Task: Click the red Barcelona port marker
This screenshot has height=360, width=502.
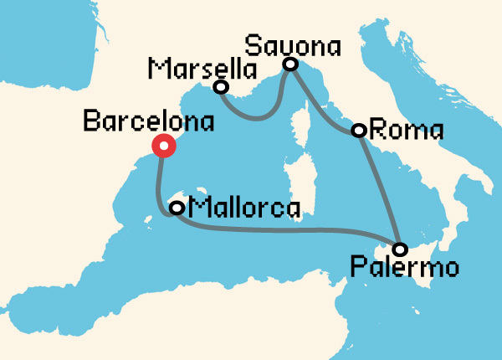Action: click(164, 147)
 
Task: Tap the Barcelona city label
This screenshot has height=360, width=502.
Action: click(149, 121)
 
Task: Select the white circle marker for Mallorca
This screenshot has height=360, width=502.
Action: click(177, 207)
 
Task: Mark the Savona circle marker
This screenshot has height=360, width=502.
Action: click(290, 64)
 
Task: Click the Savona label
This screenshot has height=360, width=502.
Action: click(293, 44)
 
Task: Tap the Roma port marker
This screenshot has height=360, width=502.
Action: click(358, 130)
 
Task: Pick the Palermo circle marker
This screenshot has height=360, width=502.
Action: click(400, 249)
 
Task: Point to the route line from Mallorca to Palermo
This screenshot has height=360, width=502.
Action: click(284, 229)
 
